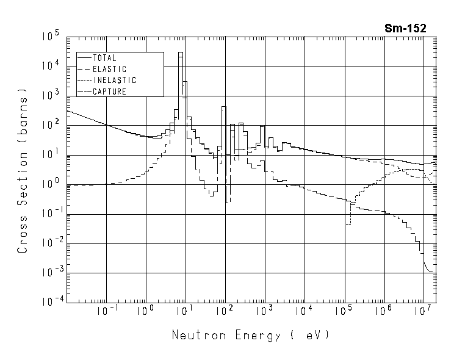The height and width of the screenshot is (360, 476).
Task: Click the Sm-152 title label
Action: click(x=405, y=27)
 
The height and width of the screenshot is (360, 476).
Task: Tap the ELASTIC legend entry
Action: click(x=109, y=69)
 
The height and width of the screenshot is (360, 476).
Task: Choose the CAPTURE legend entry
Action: click(x=109, y=92)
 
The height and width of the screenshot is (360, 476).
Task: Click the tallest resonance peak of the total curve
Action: click(x=181, y=53)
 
